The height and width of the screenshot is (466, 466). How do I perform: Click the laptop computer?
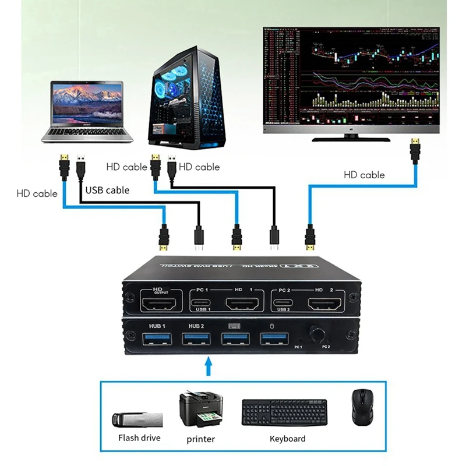click(x=87, y=111)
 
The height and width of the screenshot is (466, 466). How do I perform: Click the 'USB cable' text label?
click(x=107, y=190)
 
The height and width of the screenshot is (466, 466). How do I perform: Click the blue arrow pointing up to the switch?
click(x=209, y=367)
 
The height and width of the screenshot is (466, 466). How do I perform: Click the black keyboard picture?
click(x=284, y=412)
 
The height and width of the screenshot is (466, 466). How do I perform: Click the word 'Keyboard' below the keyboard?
click(x=287, y=439)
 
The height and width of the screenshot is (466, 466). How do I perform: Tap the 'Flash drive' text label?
click(x=139, y=437)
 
